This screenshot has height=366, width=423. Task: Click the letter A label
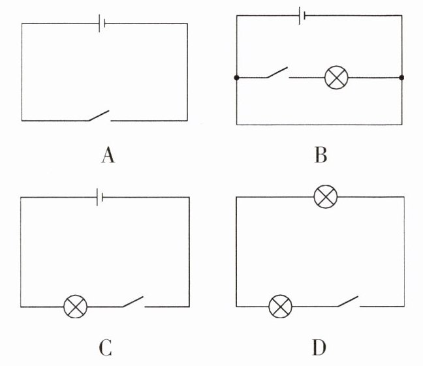click(x=108, y=156)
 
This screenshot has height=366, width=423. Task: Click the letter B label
click(x=321, y=156)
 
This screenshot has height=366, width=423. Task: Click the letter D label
click(x=319, y=347)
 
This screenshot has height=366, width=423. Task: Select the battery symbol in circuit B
click(x=301, y=16)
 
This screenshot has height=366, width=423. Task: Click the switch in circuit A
click(x=99, y=117)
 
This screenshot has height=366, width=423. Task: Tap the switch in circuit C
click(x=133, y=303)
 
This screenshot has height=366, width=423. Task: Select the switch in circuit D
click(x=347, y=302)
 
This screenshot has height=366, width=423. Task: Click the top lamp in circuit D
click(x=325, y=196)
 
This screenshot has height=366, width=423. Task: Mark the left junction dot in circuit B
click(x=236, y=78)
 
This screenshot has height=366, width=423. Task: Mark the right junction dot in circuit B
click(x=401, y=78)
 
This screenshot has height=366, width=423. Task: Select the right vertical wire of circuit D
click(x=404, y=251)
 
